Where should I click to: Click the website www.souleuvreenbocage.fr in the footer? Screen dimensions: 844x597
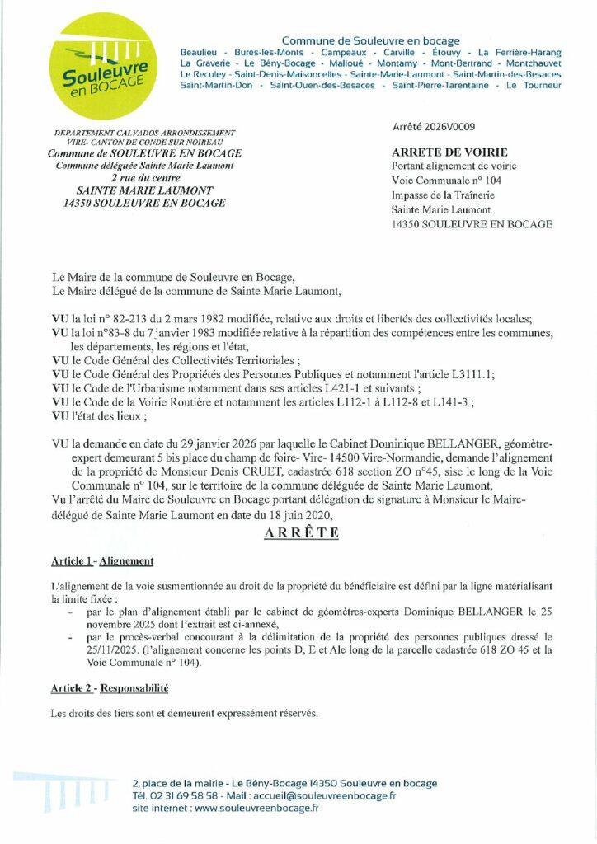tap(257, 809)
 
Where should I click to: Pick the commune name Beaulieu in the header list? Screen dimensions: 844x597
tap(199, 51)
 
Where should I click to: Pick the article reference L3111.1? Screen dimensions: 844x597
tap(468, 373)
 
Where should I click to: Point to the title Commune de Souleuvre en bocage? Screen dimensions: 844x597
tap(371, 40)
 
